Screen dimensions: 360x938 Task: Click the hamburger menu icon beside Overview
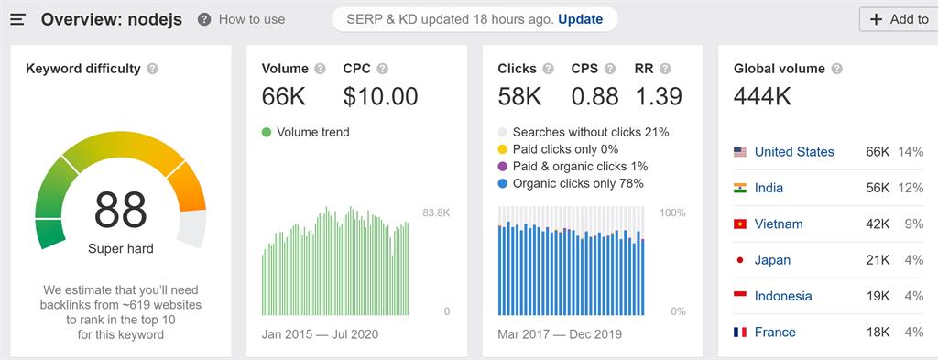coord(17,19)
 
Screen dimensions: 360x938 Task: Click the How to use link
coord(251,19)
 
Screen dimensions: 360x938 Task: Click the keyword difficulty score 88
coord(120,210)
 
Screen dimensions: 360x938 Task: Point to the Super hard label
coord(120,248)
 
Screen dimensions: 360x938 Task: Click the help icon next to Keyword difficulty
coord(152,69)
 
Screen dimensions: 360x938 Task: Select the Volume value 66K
coord(284,96)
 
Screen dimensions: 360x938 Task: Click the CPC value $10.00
coord(380,96)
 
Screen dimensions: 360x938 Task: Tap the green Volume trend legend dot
coord(267,132)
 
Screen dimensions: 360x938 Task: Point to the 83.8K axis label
coord(435,213)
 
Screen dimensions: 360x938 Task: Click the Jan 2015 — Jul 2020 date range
coord(320,333)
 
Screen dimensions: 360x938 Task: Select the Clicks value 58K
coord(520,96)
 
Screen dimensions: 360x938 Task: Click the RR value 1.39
coord(658,96)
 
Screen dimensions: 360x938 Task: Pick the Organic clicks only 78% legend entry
coord(578,183)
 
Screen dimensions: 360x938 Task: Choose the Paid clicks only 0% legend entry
coord(565,149)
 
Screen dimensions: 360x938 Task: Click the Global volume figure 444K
coord(763,96)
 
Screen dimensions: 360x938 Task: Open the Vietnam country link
coord(779,224)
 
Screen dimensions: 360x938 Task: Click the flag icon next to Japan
coord(740,260)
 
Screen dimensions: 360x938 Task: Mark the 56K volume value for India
coord(878,188)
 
